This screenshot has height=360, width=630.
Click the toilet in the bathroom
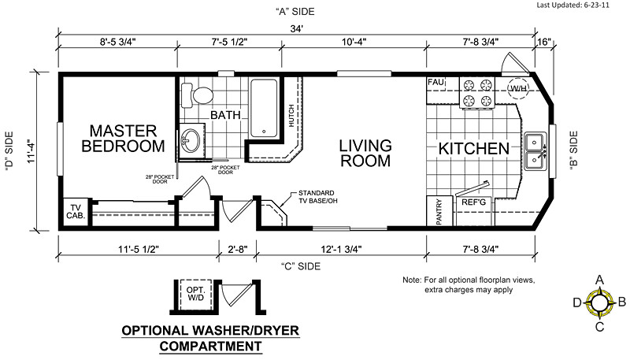(x=197, y=95)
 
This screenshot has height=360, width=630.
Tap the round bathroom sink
(x=191, y=141)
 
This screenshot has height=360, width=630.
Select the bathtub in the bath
(x=264, y=108)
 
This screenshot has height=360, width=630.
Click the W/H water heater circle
(x=518, y=88)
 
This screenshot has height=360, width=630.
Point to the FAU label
(x=436, y=83)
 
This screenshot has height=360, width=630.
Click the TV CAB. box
(x=76, y=212)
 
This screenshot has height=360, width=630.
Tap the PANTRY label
(x=439, y=212)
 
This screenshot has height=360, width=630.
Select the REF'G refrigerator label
(x=473, y=202)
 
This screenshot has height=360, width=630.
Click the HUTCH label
(x=291, y=116)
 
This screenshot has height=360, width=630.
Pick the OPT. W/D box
(x=195, y=294)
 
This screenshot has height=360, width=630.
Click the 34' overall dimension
(x=297, y=29)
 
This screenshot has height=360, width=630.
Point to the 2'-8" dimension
(x=238, y=249)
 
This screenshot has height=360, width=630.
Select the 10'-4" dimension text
(x=354, y=42)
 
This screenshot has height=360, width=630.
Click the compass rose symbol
(x=599, y=303)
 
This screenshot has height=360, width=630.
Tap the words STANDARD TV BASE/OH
(x=317, y=197)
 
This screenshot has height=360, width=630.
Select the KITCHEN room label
(x=474, y=149)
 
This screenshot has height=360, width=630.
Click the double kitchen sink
(x=535, y=151)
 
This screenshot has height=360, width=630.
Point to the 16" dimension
(x=544, y=42)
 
